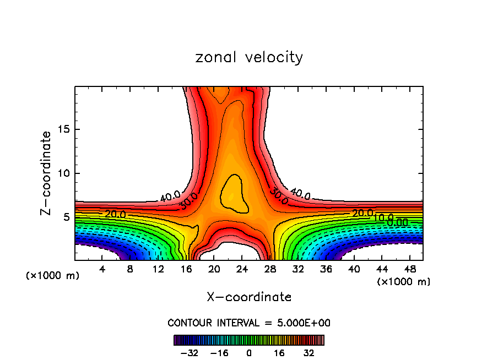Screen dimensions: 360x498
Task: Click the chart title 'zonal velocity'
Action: click(x=249, y=57)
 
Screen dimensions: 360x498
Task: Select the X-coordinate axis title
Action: click(x=249, y=297)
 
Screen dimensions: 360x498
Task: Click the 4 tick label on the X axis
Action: click(x=102, y=270)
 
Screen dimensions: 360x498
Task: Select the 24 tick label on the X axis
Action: click(x=242, y=270)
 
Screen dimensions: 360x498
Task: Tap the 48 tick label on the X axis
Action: click(x=409, y=270)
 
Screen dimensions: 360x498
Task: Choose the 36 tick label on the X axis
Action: click(x=326, y=270)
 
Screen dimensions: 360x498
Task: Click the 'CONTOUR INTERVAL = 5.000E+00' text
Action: click(x=249, y=323)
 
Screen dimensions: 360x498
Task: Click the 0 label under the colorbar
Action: click(x=249, y=353)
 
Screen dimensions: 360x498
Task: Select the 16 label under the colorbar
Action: click(x=279, y=353)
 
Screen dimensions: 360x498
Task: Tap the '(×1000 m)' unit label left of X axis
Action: click(x=53, y=276)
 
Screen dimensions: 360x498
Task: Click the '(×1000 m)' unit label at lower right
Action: click(x=404, y=282)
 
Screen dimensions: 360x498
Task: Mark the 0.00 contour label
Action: click(x=397, y=222)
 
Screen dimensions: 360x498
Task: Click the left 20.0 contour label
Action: click(x=115, y=214)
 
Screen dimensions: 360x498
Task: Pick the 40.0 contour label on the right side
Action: click(x=300, y=194)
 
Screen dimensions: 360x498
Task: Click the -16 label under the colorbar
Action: click(x=219, y=353)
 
